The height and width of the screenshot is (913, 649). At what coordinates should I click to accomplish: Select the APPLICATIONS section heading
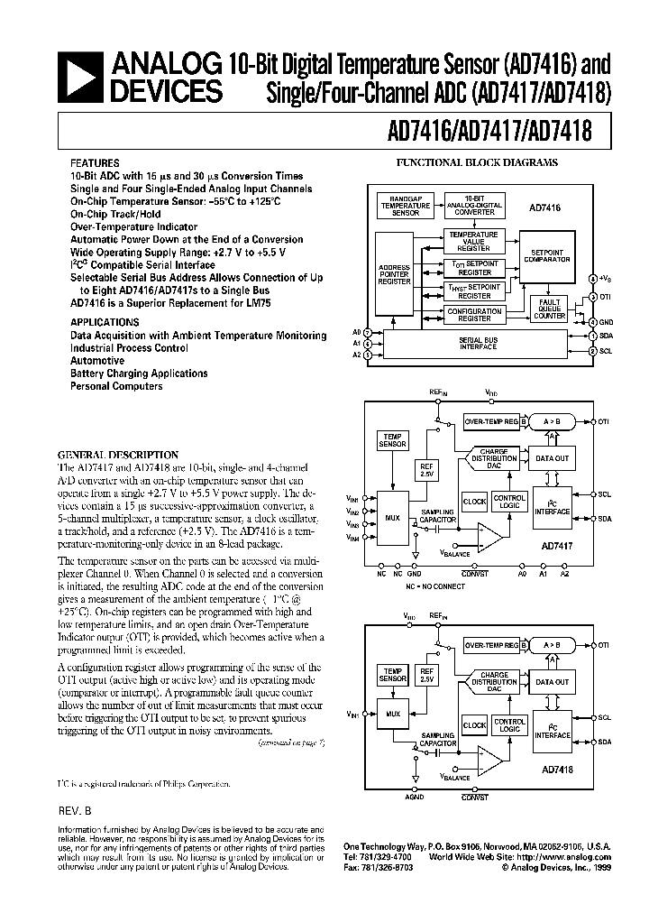(105, 322)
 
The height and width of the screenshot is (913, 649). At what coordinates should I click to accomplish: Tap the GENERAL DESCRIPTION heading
(118, 455)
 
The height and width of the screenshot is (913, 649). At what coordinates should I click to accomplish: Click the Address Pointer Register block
(393, 275)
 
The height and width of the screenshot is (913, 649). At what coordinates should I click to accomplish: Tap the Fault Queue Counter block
(549, 309)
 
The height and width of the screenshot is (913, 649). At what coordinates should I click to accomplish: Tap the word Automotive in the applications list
(97, 361)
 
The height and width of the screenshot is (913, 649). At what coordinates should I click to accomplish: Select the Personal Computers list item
(116, 386)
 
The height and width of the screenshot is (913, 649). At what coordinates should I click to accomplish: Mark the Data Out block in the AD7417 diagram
(552, 459)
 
